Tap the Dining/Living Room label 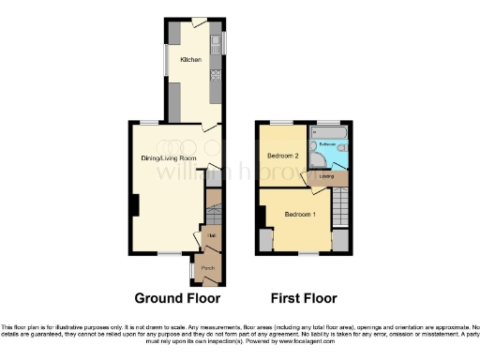click(x=160, y=158)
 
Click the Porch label click(x=208, y=267)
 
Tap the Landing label click(x=327, y=176)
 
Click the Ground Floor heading click(x=177, y=299)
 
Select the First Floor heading click(x=305, y=299)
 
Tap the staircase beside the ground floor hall click(x=213, y=202)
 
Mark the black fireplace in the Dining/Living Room click(x=134, y=203)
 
